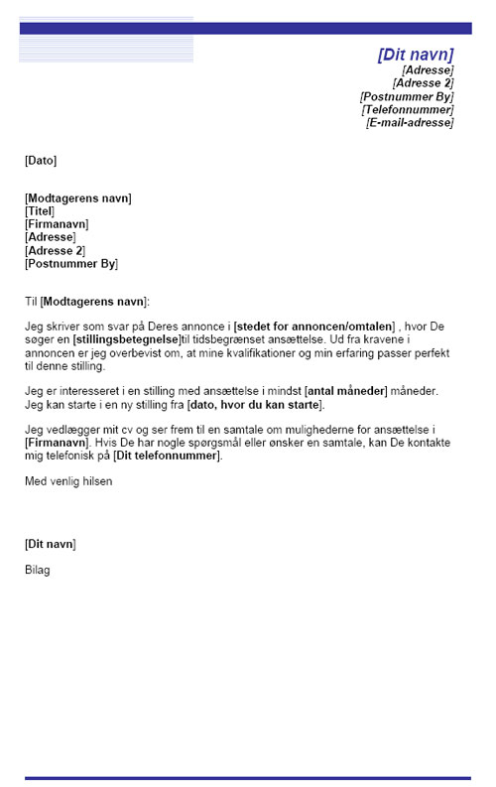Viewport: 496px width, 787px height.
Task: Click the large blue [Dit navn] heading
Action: [x=415, y=55]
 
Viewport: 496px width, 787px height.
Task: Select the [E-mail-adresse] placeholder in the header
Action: [x=410, y=123]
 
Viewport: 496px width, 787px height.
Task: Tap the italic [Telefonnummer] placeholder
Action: [x=408, y=110]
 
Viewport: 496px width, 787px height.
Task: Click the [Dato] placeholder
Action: [x=41, y=160]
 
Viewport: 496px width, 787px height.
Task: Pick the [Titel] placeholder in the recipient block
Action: [x=40, y=211]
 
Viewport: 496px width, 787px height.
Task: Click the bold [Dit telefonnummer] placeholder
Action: [x=167, y=457]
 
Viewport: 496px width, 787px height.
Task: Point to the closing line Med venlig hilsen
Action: [x=68, y=481]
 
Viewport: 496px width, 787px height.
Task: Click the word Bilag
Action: [x=38, y=570]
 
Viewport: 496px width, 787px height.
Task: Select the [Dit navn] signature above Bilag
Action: [x=50, y=544]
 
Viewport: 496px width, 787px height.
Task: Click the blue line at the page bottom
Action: [x=248, y=778]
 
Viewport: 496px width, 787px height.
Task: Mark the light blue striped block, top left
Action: [x=106, y=40]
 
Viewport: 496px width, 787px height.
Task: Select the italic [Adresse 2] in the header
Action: [x=423, y=83]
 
